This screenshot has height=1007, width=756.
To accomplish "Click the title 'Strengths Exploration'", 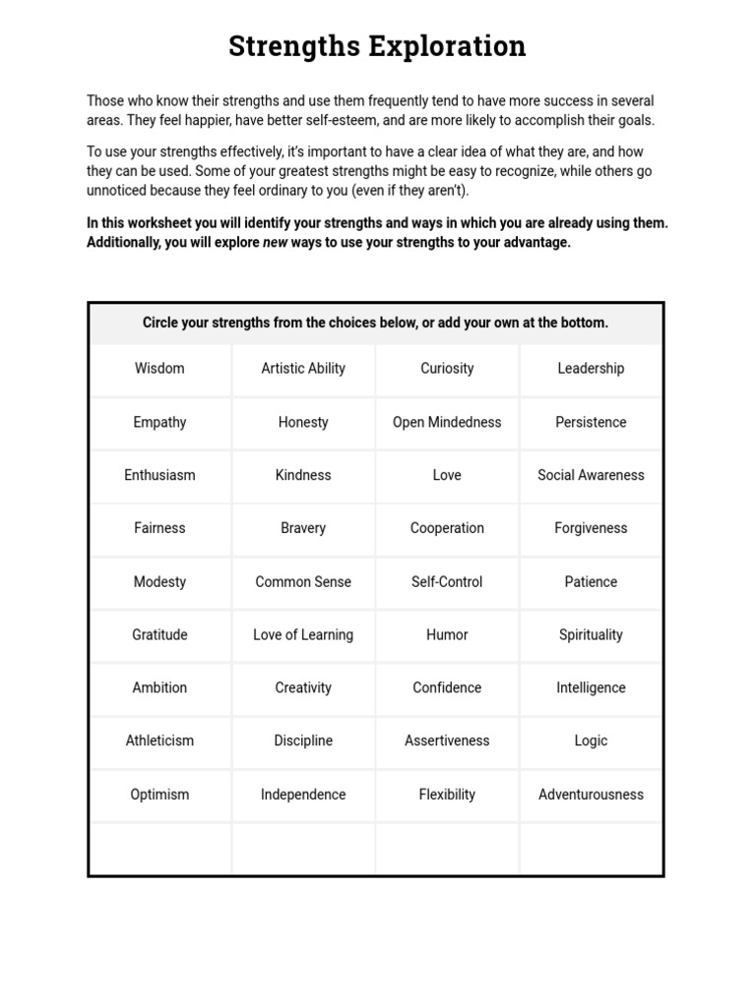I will click(x=377, y=46).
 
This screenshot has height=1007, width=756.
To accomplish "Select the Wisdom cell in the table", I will click(x=159, y=369).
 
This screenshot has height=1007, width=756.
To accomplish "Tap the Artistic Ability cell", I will click(x=303, y=369).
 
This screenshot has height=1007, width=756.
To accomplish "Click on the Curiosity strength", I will click(x=447, y=369).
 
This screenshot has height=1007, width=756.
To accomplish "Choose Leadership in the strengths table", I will click(x=591, y=369).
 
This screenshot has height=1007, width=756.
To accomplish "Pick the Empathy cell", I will click(x=159, y=422).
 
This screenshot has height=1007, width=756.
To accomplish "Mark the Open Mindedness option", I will click(x=447, y=422).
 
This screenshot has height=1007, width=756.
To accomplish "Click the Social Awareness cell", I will click(x=591, y=475).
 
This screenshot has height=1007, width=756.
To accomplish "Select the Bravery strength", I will click(x=303, y=528).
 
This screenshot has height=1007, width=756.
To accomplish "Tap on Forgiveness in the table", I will click(x=591, y=528).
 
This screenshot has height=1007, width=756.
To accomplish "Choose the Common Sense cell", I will click(x=303, y=582).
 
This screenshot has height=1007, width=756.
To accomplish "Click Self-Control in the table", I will click(x=447, y=582).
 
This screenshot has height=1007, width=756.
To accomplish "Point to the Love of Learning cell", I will click(x=303, y=635).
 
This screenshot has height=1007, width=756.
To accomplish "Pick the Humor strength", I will click(x=447, y=635).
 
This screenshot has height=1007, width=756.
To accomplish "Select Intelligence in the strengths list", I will click(x=591, y=688).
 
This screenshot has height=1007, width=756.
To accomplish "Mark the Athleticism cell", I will click(x=159, y=741).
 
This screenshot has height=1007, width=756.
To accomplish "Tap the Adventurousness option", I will click(x=591, y=795).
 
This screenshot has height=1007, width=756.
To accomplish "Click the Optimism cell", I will click(x=159, y=795).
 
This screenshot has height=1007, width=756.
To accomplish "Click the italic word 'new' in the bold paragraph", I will click(x=276, y=243).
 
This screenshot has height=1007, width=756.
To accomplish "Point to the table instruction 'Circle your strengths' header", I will click(x=375, y=324).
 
